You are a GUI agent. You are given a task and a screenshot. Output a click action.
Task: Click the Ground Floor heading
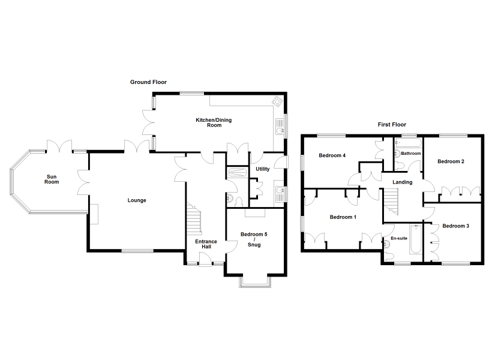pos(148,82)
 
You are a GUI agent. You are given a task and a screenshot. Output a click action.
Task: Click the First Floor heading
pos(392,124)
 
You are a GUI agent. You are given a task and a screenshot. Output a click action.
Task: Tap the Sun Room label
pos(52,179)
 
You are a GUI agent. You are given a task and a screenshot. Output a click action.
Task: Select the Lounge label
pos(137,200)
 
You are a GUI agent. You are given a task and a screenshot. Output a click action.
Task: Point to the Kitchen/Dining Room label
pos(214,122)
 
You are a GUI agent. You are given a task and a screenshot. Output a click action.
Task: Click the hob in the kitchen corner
pos(277,101)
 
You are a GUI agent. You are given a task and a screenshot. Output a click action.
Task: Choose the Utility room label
pos(263,169)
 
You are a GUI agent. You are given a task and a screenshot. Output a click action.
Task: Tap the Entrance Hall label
pos(206,244)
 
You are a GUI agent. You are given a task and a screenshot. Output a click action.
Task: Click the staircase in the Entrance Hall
pos(194,218)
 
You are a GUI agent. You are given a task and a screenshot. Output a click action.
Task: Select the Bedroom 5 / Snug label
pos(254,239)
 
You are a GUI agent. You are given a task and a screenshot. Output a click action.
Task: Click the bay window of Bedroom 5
pos(255,283)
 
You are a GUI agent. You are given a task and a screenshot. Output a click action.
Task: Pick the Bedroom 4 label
pos(332,155)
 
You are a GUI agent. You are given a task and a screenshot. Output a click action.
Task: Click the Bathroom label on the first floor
pos(411,154)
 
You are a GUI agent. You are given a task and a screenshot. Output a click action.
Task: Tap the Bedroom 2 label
pos(451,161)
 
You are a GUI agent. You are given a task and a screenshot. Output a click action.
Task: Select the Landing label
pos(403,182)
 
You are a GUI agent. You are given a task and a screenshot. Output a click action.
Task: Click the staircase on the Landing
pos(391,201)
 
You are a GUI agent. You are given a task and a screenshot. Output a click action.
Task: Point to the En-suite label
pos(399,238)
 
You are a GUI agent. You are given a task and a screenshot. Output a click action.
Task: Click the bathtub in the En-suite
pos(416,239)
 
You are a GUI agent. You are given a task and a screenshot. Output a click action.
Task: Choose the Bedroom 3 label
pos(455,226)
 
